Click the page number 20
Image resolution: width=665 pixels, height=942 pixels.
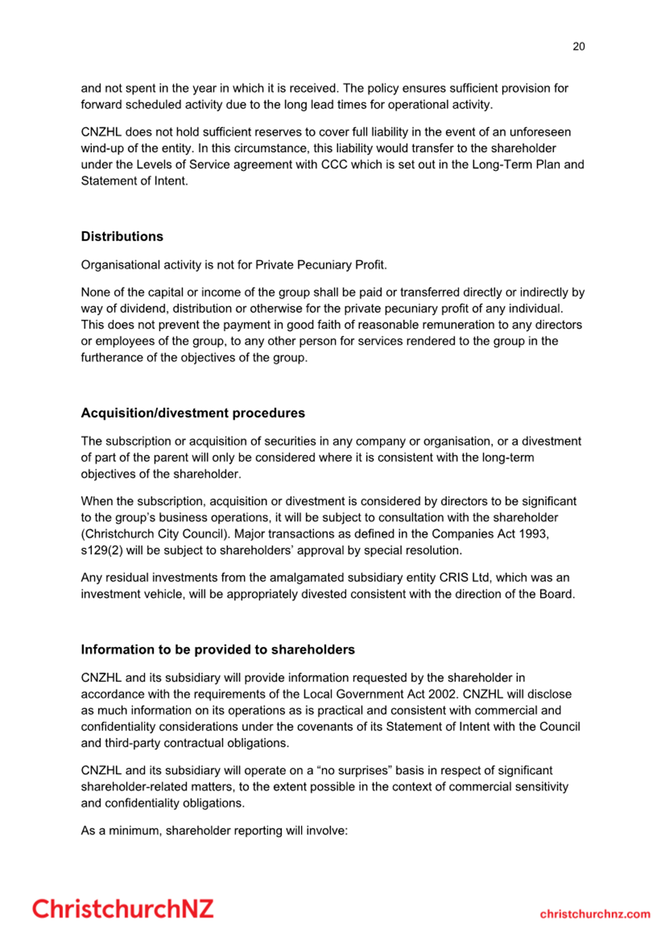point(578,46)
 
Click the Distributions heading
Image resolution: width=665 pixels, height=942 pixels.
point(122,237)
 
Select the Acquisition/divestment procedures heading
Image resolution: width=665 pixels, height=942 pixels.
point(193,413)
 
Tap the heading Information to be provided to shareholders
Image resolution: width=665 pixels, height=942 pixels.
point(218,649)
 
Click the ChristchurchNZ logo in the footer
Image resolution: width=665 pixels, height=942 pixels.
point(123,909)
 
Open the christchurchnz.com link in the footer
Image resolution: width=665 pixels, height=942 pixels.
point(595,914)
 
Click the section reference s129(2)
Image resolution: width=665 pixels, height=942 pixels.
point(102,550)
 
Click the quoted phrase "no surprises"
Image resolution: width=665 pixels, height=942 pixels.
point(352,770)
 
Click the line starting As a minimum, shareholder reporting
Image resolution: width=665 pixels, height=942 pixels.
point(214,830)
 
